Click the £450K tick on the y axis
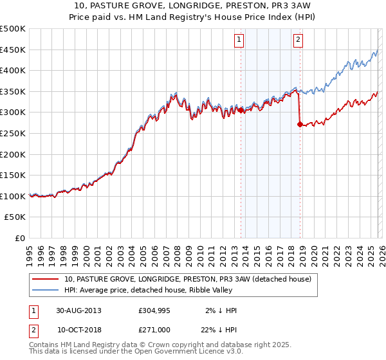(x=13, y=50)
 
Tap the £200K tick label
(x=13, y=154)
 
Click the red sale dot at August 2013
(x=241, y=110)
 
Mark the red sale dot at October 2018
(x=300, y=125)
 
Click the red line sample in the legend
(x=46, y=279)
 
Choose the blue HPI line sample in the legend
(x=46, y=290)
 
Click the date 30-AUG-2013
(x=78, y=310)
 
